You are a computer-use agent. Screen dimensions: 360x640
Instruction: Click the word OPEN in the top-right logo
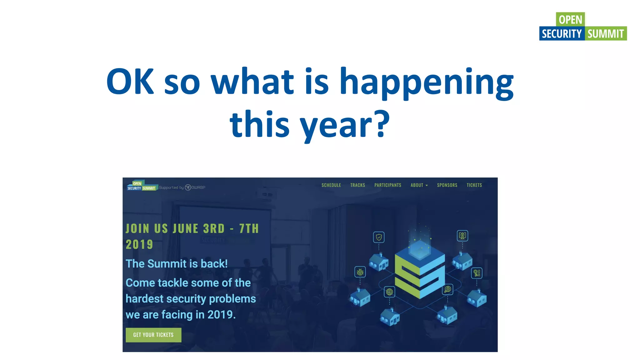pos(570,19)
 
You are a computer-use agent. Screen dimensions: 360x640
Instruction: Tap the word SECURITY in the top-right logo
pos(562,34)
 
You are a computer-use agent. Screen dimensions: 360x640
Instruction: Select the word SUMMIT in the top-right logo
pos(606,34)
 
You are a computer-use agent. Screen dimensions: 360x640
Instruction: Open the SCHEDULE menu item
pos(331,185)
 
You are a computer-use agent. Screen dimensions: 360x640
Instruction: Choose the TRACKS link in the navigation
pos(357,185)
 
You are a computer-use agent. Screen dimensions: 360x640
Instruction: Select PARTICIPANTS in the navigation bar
pos(388,185)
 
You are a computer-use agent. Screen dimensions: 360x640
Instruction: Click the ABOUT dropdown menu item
pos(419,185)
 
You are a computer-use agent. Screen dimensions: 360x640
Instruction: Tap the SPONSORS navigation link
pos(447,185)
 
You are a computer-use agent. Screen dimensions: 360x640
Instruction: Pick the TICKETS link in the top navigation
pos(474,185)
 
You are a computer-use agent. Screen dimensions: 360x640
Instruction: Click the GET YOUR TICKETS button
pos(153,335)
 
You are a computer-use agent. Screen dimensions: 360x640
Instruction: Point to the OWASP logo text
pos(198,187)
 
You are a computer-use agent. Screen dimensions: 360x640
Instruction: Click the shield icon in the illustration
pos(379,237)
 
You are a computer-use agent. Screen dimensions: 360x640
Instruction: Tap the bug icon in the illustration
pos(360,272)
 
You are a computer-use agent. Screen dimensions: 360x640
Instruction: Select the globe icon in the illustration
pos(389,292)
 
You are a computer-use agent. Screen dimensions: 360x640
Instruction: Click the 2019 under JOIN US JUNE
pos(139,244)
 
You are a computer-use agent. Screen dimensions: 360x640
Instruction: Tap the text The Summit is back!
pos(177,264)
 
